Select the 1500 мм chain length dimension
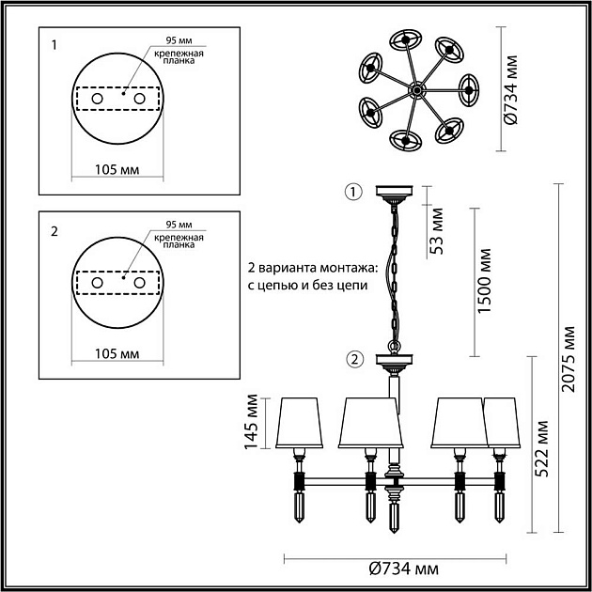pyautogui.click(x=484, y=282)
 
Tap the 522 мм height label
pyautogui.click(x=544, y=449)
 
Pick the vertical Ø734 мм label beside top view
pyautogui.click(x=511, y=91)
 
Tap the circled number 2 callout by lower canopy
pyautogui.click(x=353, y=358)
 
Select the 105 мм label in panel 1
pyautogui.click(x=117, y=169)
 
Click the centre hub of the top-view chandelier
pyautogui.click(x=413, y=90)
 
